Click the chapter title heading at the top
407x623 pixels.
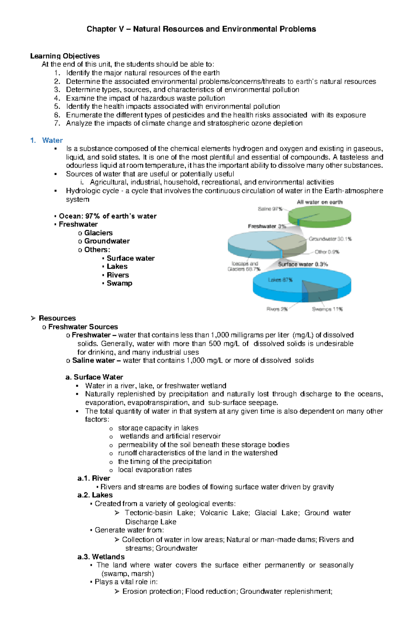click(x=201, y=29)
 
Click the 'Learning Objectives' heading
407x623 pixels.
click(x=65, y=56)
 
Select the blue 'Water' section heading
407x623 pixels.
click(x=52, y=141)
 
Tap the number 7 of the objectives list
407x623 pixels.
click(x=57, y=124)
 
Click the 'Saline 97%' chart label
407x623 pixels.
click(x=270, y=209)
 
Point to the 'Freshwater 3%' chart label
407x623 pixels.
click(x=267, y=226)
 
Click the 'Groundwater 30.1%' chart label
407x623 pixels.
click(x=330, y=239)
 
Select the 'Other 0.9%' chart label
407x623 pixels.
click(x=327, y=252)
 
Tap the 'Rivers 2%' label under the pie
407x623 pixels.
click(x=277, y=309)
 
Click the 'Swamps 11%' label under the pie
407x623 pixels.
click(x=327, y=309)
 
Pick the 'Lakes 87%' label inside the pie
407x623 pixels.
click(x=280, y=280)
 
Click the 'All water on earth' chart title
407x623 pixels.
click(x=319, y=202)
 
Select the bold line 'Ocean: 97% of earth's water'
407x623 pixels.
click(x=107, y=216)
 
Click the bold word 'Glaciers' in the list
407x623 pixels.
click(x=98, y=233)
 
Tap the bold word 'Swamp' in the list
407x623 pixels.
click(x=119, y=283)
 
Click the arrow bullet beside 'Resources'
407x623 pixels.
click(x=33, y=318)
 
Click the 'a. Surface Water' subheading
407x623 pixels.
click(x=94, y=377)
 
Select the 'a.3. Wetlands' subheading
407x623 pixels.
click(x=101, y=557)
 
